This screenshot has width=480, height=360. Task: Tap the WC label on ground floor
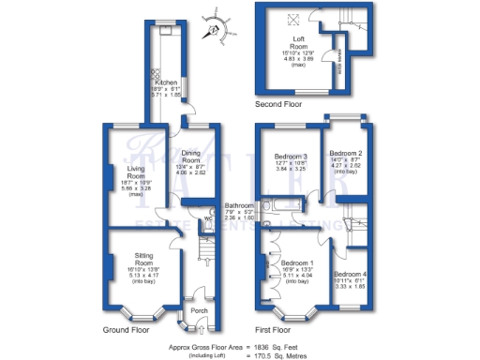point(207,220)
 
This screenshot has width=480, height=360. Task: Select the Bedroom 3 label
point(291,156)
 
